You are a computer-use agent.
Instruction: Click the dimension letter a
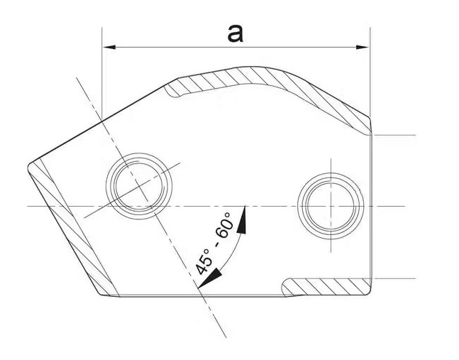tap(236, 31)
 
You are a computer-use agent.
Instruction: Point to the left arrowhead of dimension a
tap(109, 48)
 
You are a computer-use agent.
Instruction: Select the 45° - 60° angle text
tap(213, 244)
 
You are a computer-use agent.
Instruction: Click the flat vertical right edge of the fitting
tap(372, 206)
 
